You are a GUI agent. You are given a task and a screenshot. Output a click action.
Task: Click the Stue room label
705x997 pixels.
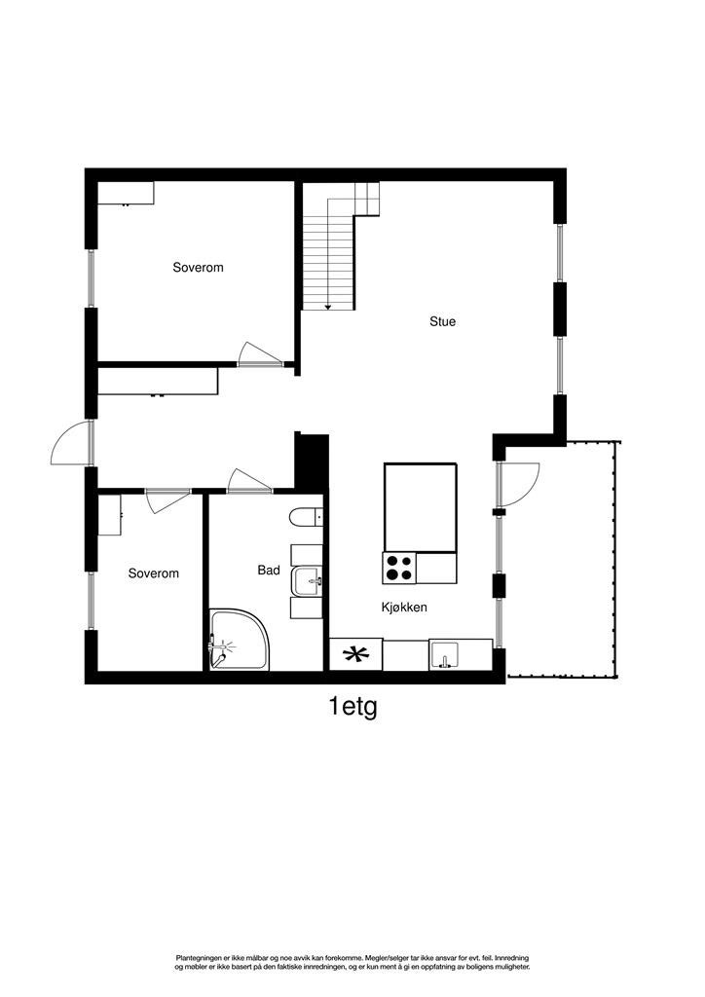tap(443, 321)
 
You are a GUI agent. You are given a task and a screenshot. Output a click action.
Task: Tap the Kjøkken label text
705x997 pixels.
tap(404, 607)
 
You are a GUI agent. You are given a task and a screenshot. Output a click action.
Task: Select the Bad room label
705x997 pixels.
tap(269, 571)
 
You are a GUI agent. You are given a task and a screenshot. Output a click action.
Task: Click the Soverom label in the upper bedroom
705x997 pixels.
tap(198, 267)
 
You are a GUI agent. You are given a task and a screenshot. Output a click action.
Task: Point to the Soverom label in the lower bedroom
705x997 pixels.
tap(154, 573)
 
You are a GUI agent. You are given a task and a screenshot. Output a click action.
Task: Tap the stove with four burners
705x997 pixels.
tap(399, 567)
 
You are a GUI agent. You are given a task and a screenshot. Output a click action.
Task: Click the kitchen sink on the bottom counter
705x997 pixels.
tap(445, 656)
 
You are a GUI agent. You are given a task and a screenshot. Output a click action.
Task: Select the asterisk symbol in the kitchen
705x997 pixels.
tap(356, 654)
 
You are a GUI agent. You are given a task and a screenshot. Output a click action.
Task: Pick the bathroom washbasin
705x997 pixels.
tap(309, 580)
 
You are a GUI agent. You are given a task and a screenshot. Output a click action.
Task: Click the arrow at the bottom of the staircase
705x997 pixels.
tap(328, 306)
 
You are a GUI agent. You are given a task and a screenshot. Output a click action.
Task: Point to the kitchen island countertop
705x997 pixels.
tap(420, 506)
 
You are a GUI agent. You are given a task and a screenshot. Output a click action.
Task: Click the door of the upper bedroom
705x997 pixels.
tap(257, 355)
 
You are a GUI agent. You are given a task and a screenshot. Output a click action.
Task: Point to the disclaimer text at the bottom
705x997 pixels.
tap(352, 963)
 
